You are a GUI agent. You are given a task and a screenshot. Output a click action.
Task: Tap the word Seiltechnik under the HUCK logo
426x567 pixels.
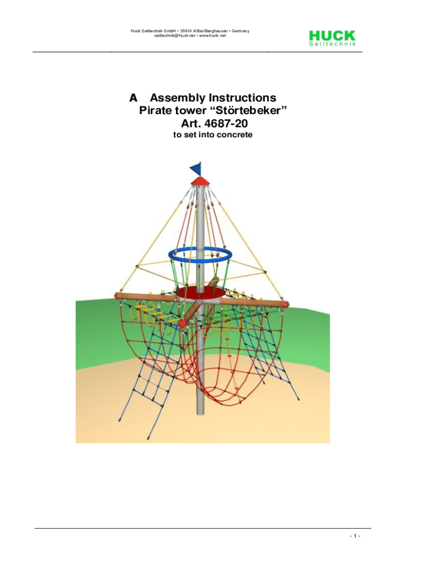pos(333,44)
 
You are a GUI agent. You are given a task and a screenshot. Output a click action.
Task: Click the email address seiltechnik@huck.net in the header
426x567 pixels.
pos(174,36)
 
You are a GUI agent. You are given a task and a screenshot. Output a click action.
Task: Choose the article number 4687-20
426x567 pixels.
pos(226,123)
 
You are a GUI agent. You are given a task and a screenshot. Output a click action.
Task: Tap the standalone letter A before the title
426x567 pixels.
pos(133,98)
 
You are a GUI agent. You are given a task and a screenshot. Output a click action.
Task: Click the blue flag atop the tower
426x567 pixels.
pos(196,168)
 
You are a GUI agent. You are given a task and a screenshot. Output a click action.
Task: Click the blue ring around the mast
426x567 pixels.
pos(200,255)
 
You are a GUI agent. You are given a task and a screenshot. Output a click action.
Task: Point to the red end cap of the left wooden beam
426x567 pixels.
pos(118,296)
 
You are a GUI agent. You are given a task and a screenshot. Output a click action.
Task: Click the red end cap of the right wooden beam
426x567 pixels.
pos(287,304)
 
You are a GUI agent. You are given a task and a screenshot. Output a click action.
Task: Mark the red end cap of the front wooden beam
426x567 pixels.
pos(183,323)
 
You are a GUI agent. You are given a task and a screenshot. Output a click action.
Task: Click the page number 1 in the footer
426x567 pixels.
pos(355,535)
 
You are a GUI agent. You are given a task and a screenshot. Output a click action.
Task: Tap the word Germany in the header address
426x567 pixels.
pos(241,31)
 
